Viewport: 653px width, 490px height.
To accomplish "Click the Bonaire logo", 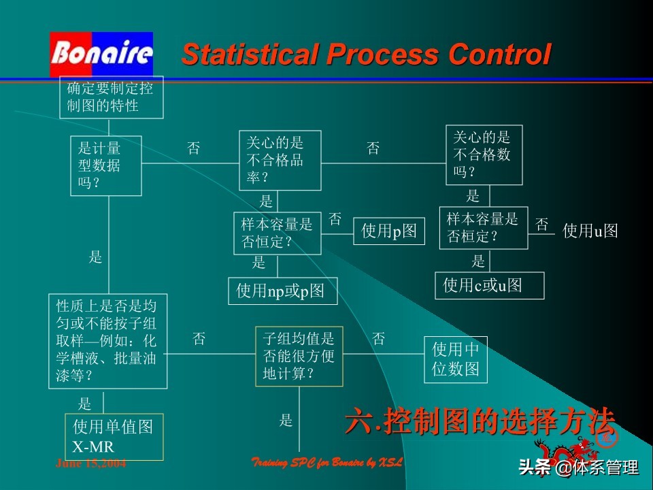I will point(101,54).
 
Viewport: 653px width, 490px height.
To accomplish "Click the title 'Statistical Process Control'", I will point(366,54).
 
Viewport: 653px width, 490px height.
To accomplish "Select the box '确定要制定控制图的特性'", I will point(112,97).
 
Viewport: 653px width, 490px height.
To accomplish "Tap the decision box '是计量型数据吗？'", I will point(105,165).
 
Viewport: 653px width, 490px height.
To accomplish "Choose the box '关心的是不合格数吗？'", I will point(484,154).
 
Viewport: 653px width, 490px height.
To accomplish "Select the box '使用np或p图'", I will point(282,291).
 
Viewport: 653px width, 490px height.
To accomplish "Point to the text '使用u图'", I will point(590,231).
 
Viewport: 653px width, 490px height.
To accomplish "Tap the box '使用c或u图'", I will point(490,285).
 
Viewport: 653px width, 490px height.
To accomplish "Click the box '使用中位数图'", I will point(456,359).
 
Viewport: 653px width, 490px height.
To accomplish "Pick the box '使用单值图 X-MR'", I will point(114,436).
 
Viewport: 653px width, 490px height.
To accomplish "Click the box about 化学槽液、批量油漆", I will point(107,341).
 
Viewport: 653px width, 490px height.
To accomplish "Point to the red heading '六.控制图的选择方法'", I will point(480,422).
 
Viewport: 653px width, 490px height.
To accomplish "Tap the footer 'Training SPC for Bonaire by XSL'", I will point(328,463).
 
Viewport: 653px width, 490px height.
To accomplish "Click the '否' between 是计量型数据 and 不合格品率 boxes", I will point(194,148).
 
